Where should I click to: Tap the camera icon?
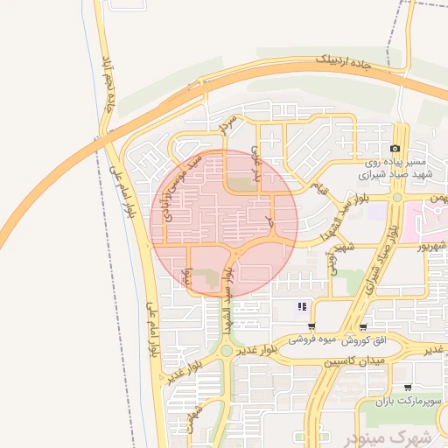point(395,150)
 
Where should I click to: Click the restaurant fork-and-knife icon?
point(302,306)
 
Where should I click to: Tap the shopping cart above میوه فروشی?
point(311,325)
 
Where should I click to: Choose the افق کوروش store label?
point(359,338)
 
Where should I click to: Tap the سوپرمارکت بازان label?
point(406,401)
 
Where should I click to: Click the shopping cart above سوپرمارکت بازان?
point(407,388)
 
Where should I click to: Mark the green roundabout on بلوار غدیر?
point(226,350)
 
